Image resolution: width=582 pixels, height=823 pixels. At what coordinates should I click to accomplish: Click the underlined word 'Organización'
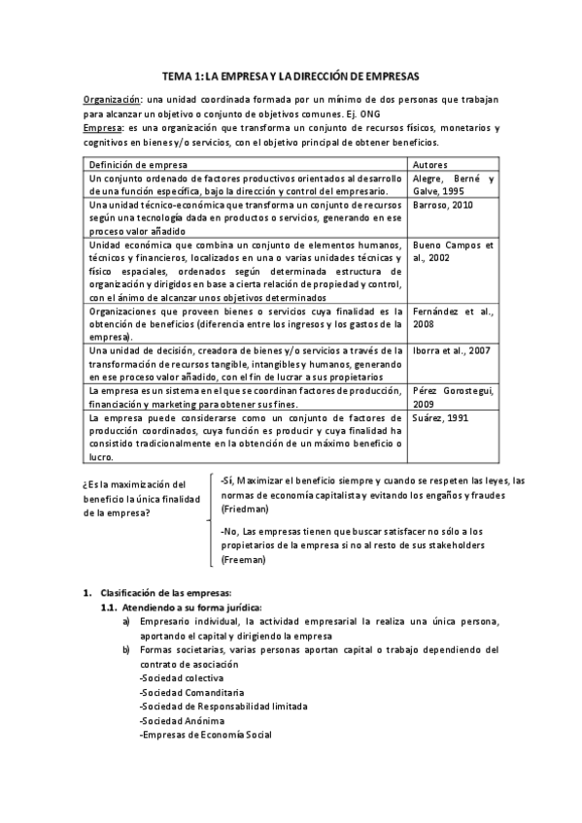coord(111,100)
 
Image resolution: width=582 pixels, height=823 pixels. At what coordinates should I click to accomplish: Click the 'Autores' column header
coord(430,164)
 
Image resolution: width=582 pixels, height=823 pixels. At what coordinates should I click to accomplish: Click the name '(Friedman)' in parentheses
coord(243,509)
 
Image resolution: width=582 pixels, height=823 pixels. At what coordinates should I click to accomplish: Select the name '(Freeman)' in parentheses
coord(243,560)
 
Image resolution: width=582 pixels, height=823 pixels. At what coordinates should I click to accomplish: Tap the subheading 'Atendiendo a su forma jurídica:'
coord(185,608)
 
